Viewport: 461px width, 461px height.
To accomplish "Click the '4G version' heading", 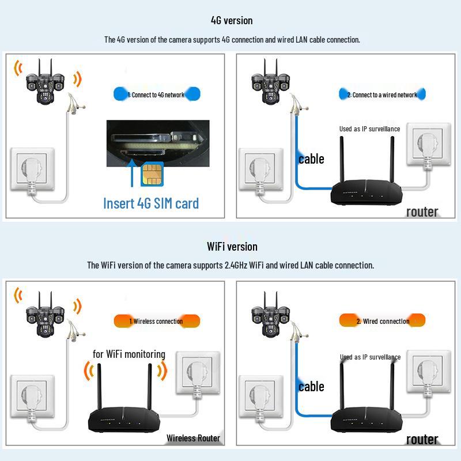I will click(232, 21).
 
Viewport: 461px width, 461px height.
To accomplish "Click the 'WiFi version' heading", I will click(232, 247).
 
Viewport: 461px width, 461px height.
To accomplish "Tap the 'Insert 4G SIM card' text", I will click(151, 203).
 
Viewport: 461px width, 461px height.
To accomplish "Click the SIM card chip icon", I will click(151, 171).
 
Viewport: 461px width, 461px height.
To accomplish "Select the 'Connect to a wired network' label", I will click(382, 95).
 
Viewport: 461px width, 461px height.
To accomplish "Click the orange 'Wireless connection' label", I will click(156, 321).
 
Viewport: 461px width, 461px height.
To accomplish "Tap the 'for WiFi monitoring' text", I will click(129, 354).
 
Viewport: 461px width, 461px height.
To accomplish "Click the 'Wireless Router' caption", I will click(193, 438).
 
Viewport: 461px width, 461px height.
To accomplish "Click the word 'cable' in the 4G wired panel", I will click(311, 159).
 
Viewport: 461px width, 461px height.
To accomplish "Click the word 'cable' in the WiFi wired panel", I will click(311, 387).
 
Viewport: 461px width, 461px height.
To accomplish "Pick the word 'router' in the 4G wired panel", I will click(422, 211).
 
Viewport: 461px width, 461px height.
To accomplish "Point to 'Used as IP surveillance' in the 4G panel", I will click(369, 129).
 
